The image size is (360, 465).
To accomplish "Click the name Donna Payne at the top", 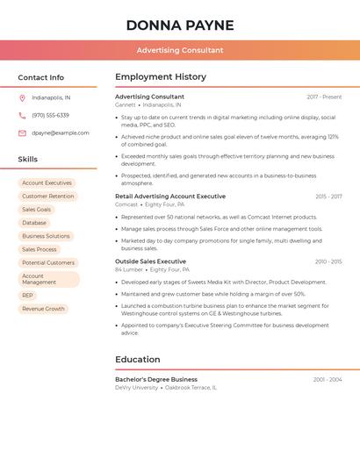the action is click(180, 25).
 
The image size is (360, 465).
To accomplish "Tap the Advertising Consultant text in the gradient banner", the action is click(180, 50).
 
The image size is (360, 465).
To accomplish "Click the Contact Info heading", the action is click(41, 77).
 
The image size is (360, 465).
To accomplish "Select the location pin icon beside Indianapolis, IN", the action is click(22, 98).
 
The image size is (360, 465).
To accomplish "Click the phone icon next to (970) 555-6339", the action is click(22, 116).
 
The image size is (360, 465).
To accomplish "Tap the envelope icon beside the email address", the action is click(22, 133).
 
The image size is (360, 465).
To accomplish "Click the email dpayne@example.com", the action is click(61, 133).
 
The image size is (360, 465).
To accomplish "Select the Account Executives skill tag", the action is click(47, 183).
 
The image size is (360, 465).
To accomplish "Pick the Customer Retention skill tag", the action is click(47, 197).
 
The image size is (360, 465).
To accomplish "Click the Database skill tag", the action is click(34, 223).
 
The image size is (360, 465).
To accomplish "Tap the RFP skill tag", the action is click(28, 296).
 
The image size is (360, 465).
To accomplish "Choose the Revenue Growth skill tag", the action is click(43, 309).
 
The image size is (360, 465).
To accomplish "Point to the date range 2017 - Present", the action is click(324, 97).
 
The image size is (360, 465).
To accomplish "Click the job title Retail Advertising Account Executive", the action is click(170, 197).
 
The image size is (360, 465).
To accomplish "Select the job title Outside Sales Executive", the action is click(150, 261).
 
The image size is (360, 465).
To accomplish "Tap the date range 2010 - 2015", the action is click(328, 261).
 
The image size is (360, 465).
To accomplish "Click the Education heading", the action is click(138, 360).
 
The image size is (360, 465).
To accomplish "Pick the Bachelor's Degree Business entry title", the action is click(156, 380).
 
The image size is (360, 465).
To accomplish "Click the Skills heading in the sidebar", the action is click(28, 160).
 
